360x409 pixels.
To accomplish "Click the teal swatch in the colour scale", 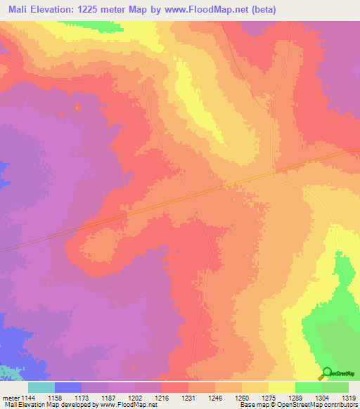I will click(x=41, y=387).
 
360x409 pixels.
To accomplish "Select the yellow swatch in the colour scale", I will click(x=282, y=387).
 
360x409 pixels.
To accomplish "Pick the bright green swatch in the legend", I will click(x=309, y=387).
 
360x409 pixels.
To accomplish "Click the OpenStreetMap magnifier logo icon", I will click(x=326, y=373).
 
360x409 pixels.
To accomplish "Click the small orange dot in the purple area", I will click(x=77, y=107).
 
